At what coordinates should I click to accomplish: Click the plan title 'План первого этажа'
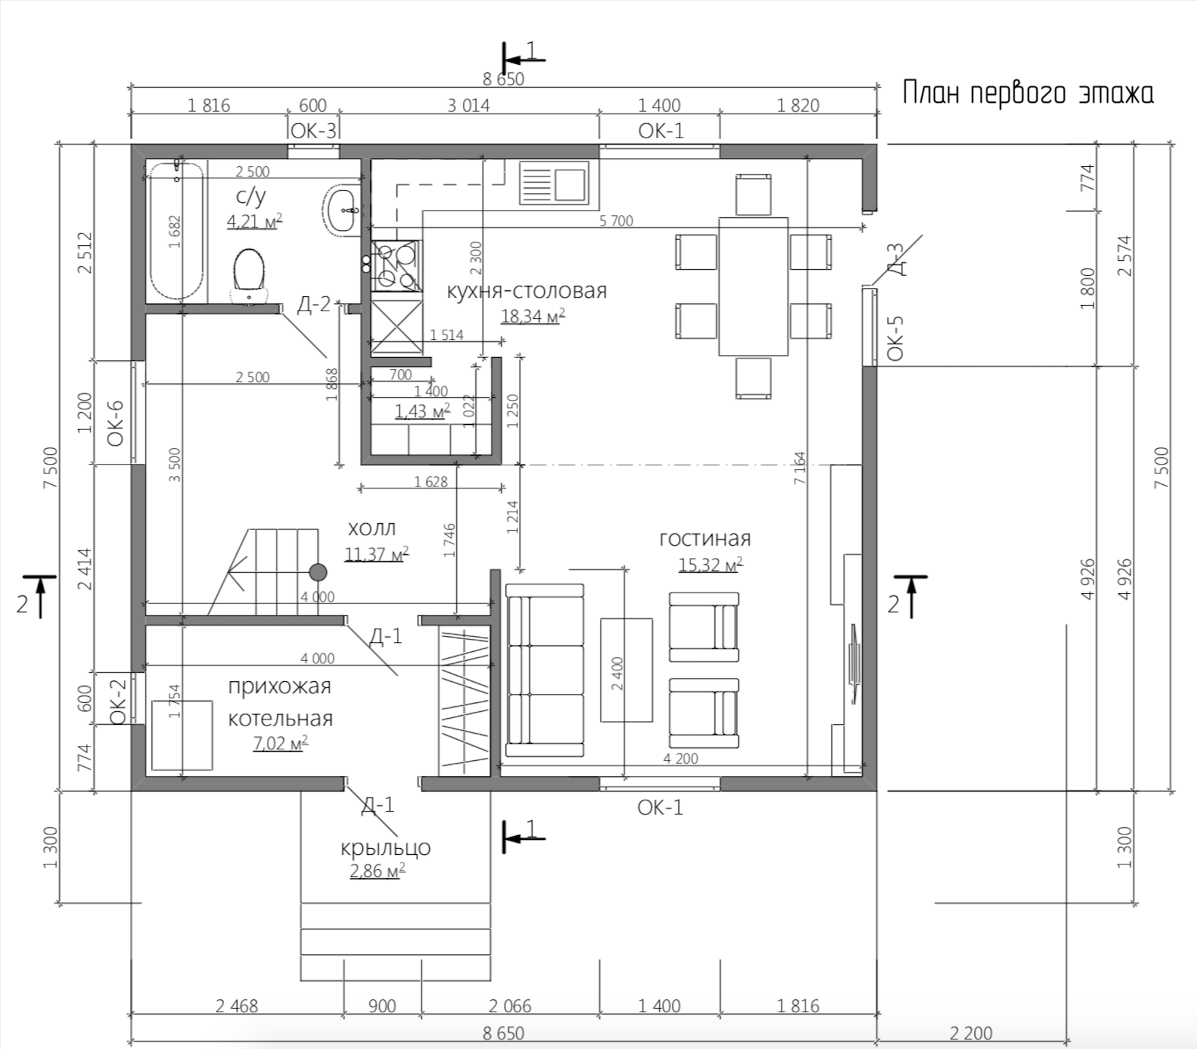pos(1028,93)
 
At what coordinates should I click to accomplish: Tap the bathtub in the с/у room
pos(176,230)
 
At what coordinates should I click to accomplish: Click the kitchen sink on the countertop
pos(554,183)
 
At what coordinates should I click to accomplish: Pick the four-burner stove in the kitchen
pos(396,265)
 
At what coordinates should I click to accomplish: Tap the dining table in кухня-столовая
pos(753,286)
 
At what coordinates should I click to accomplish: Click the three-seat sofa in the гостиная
pos(544,670)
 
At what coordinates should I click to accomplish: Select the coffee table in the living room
pos(626,670)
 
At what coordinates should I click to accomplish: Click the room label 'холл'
pos(372,529)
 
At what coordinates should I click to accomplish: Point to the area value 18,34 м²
pos(533,316)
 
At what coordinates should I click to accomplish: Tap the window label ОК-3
pos(313,131)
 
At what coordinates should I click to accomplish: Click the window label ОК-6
pos(115,423)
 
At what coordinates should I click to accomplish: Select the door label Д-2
pos(313,304)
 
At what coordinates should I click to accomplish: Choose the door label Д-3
pos(896,259)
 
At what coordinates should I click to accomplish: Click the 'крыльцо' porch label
pos(385,848)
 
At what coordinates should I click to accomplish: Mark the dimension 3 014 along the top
pos(468,106)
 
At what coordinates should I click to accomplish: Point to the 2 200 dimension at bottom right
pos(971,1033)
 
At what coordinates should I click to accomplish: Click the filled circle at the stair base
pos(318,572)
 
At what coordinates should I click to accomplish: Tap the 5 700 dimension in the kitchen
pos(616,221)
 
